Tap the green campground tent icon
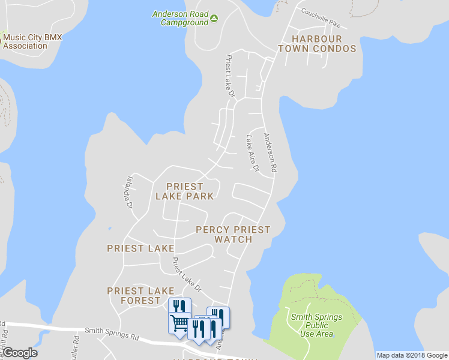[x=214, y=22]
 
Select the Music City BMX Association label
[x=32, y=41]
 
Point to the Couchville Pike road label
[x=321, y=19]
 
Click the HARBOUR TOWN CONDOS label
[x=316, y=44]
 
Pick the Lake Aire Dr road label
[x=252, y=154]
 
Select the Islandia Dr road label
[x=128, y=192]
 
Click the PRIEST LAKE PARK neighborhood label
[x=184, y=191]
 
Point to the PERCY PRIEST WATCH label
[x=233, y=235]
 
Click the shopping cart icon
[x=179, y=323]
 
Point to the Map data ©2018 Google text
[x=412, y=355]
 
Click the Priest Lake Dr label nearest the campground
[x=229, y=76]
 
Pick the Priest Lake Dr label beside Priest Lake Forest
[x=186, y=274]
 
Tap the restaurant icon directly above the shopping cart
[x=179, y=306]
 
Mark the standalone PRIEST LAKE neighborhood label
[x=140, y=248]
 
